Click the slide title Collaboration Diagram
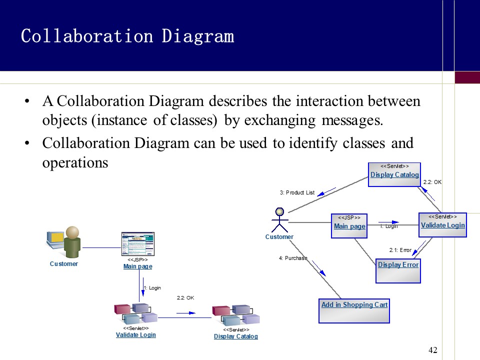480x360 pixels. tap(127, 36)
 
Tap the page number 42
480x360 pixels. tap(433, 350)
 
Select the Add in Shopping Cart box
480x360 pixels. tap(354, 310)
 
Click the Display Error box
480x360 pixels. tap(398, 270)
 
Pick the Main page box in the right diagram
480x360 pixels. tap(349, 225)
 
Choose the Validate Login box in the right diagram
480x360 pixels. tap(442, 224)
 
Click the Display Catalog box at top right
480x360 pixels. tap(394, 174)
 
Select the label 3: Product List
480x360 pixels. tap(297, 192)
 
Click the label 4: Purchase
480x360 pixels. tap(293, 258)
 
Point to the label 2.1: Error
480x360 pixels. tap(400, 250)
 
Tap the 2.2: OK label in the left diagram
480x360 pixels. tap(185, 297)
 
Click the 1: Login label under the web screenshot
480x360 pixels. tap(152, 288)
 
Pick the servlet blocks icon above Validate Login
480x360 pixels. tap(136, 313)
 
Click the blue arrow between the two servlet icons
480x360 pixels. tap(185, 313)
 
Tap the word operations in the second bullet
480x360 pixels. tap(75, 162)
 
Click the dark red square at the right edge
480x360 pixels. tap(467, 77)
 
